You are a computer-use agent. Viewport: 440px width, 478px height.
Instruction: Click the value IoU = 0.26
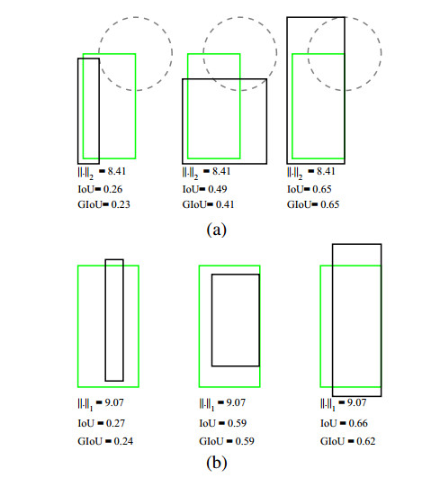[x=100, y=189]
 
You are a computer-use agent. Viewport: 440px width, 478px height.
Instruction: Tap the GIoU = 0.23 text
[x=103, y=204]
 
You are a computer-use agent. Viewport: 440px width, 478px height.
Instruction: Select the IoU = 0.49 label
[x=205, y=189]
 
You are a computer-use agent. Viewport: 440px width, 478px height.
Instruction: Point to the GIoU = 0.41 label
[x=209, y=204]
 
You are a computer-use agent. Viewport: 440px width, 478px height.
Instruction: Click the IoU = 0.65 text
[x=310, y=189]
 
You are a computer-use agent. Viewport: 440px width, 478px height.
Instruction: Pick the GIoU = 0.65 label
[x=313, y=204]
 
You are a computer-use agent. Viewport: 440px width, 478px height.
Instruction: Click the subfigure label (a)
[x=217, y=230]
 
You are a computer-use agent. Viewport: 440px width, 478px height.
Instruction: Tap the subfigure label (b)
[x=217, y=463]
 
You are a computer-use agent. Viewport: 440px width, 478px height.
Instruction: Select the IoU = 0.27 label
[x=102, y=423]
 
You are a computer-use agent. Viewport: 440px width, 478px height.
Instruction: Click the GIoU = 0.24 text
[x=105, y=441]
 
